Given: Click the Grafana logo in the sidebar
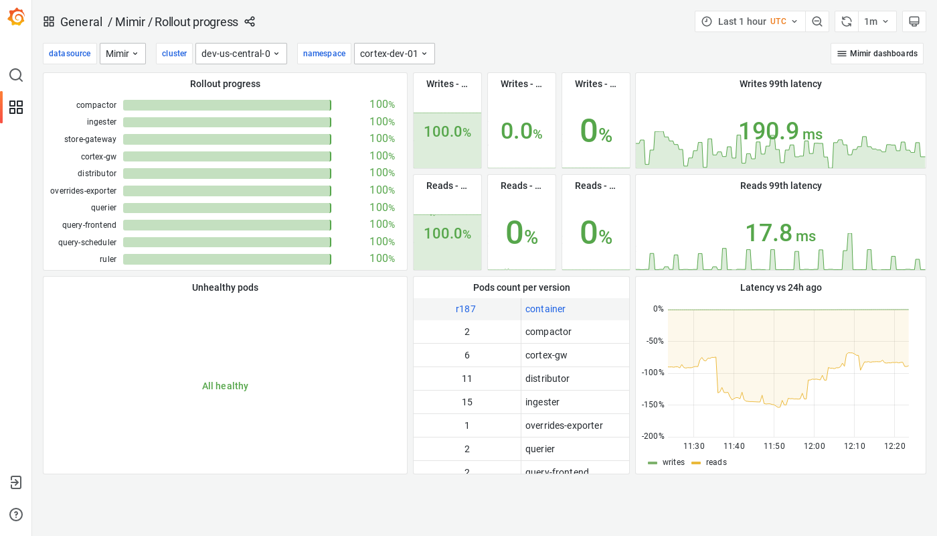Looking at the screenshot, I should tap(16, 17).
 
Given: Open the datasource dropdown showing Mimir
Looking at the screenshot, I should tap(122, 54).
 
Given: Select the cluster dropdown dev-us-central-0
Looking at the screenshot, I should tap(241, 54).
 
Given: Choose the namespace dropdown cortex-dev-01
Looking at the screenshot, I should tap(394, 54).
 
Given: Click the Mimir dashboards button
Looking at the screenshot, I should tap(877, 54).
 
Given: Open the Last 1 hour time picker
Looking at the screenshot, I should tap(750, 21).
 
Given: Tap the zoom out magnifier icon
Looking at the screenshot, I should tap(817, 21).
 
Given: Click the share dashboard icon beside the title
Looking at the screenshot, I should tap(250, 21).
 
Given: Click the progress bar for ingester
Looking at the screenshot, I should tap(227, 122).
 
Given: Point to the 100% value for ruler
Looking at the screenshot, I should tap(381, 259).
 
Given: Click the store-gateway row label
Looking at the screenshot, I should tap(90, 139).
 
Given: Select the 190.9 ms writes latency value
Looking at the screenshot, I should tap(780, 131).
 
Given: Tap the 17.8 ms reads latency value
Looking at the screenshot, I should tap(780, 233).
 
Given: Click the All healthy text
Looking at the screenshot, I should tap(225, 386).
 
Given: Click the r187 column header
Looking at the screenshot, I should tap(466, 309).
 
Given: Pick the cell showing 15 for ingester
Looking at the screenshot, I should tap(467, 402).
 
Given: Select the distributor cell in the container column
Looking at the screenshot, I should tap(547, 379).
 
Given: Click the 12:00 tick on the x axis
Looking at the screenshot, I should tap(815, 446).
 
